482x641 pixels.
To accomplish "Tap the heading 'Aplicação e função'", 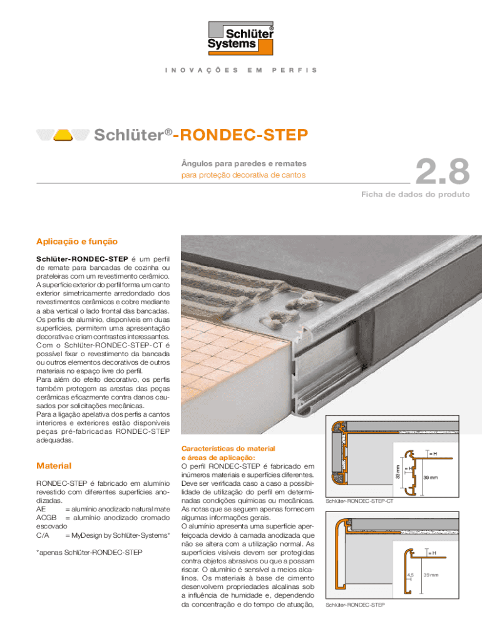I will pyautogui.click(x=76, y=241).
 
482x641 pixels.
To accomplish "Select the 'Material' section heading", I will pyautogui.click(x=54, y=466).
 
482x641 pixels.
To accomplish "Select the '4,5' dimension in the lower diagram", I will pyautogui.click(x=410, y=575).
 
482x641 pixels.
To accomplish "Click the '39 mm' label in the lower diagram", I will pyautogui.click(x=431, y=575).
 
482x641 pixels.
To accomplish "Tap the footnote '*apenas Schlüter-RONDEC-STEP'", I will pyautogui.click(x=89, y=553).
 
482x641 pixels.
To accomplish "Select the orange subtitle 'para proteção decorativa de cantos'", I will pyautogui.click(x=243, y=175).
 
